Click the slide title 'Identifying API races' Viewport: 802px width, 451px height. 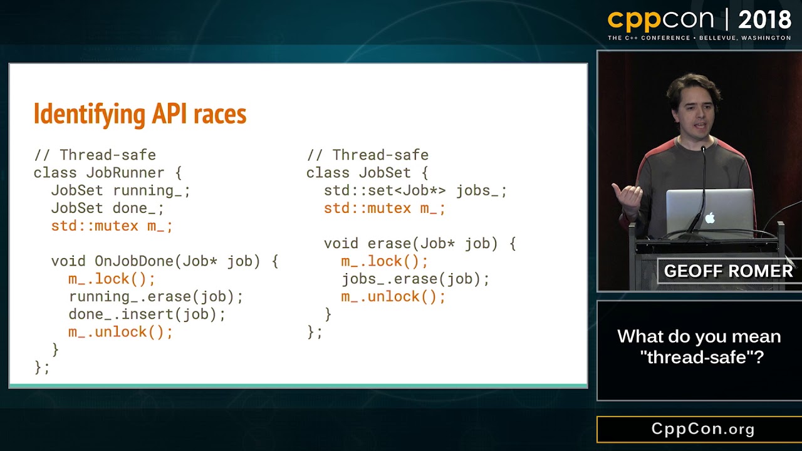140,114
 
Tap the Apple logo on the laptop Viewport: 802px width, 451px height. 710,218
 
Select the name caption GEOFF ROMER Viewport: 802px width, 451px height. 728,271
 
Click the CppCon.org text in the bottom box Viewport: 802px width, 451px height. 702,429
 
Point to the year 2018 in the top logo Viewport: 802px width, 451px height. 764,20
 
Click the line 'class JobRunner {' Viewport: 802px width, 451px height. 108,173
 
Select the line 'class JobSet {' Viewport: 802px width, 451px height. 367,173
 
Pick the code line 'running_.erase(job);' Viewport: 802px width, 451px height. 156,296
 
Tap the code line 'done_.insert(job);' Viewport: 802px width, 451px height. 147,314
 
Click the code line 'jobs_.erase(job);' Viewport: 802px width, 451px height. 415,279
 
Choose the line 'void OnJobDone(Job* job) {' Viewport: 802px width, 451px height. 165,261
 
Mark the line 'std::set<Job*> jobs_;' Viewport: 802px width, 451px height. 415,190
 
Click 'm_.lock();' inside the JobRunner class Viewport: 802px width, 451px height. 112,279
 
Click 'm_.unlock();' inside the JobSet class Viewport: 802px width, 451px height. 393,296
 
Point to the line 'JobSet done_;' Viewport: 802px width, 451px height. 108,208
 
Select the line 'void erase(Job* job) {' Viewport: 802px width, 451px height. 420,244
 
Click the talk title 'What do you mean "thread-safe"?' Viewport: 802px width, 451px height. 699,346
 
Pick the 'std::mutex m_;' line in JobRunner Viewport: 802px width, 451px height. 112,225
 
